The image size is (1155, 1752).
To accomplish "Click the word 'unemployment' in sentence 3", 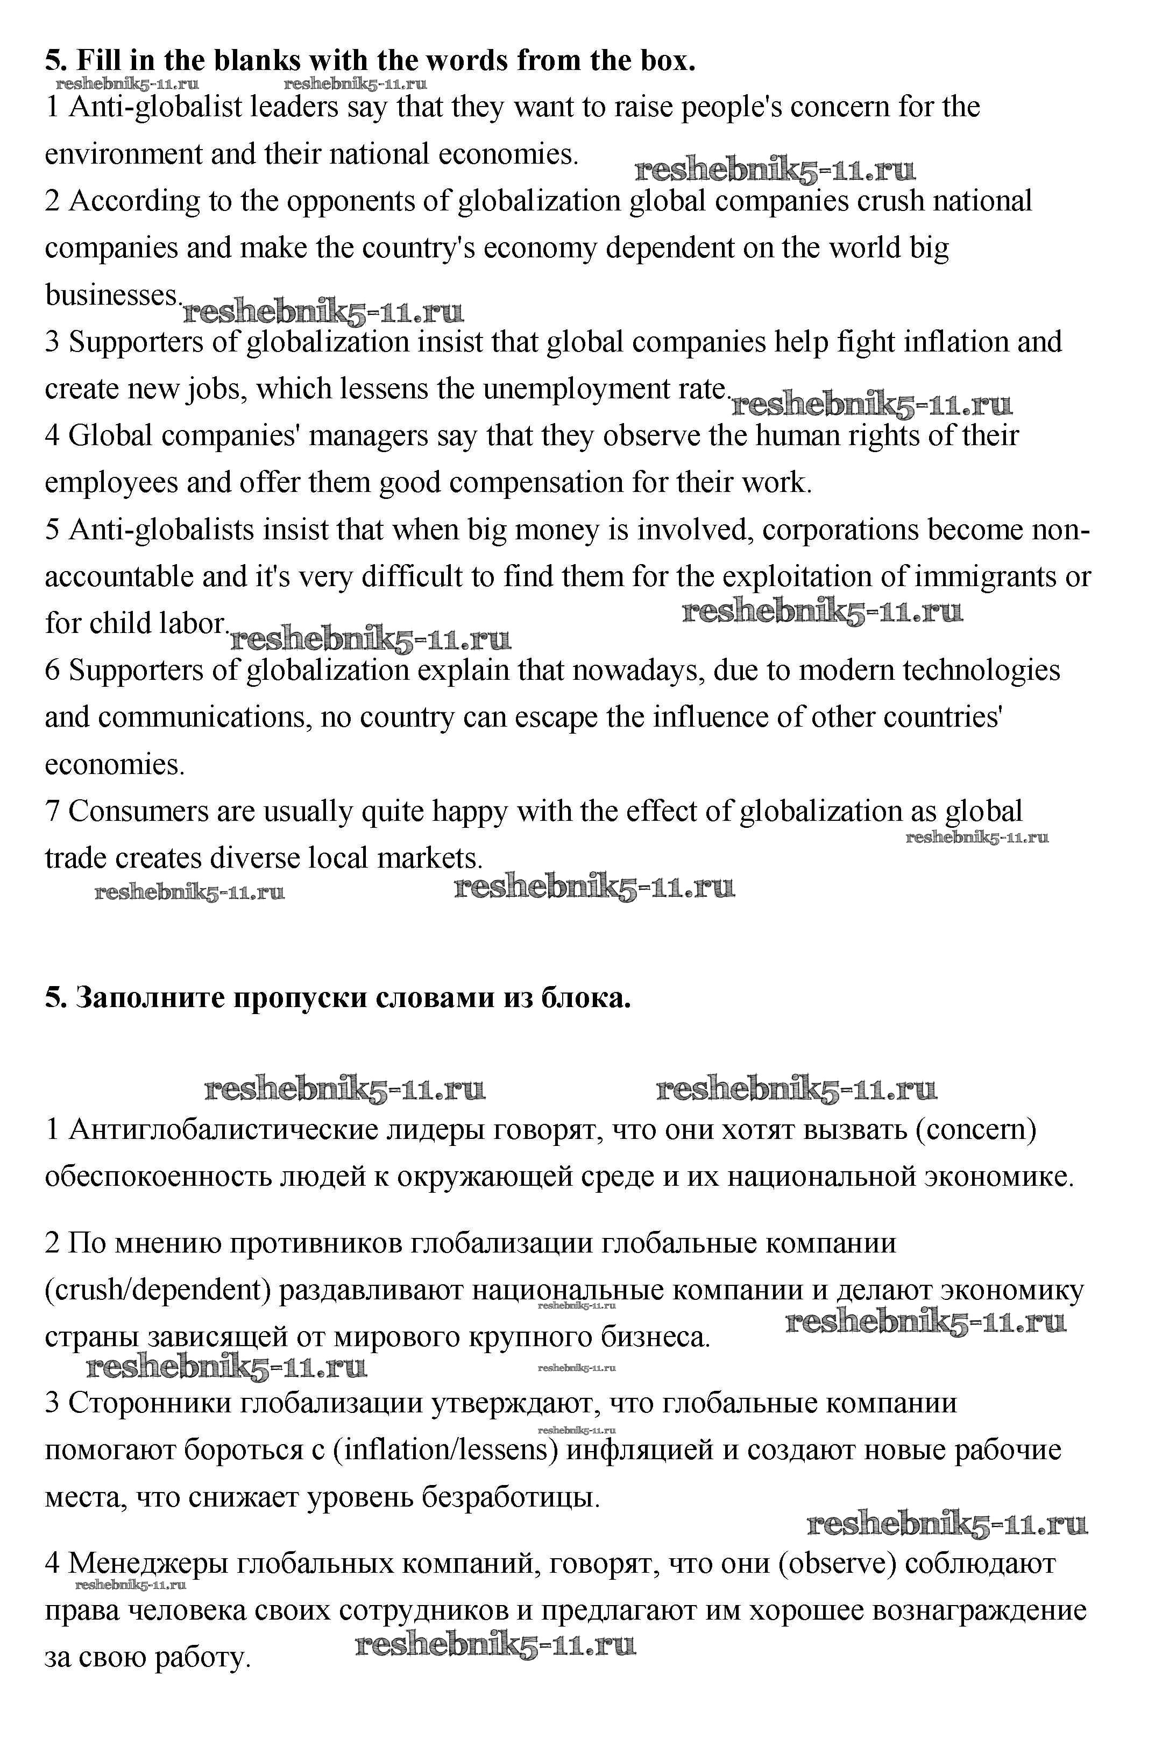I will (x=578, y=389).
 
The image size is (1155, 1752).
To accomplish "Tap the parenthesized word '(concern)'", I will (x=976, y=1129).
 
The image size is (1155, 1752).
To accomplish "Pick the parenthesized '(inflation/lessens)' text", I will (x=444, y=1450).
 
